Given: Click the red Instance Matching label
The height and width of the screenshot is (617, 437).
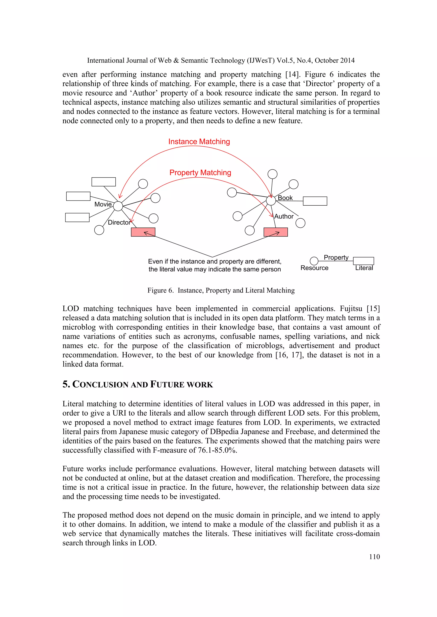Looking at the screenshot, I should [199, 142].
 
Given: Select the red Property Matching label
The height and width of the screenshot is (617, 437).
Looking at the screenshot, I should [200, 173].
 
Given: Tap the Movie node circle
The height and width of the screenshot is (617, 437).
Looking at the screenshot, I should [118, 206].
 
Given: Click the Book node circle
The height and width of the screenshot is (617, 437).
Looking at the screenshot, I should [271, 200].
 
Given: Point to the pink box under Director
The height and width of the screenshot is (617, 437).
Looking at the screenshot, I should [143, 232].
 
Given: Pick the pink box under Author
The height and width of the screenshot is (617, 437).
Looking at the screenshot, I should [275, 232].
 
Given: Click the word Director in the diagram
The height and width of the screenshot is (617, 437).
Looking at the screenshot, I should [119, 222].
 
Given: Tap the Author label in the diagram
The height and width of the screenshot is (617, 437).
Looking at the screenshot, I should [284, 216].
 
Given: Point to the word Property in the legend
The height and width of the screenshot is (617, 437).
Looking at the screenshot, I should [336, 257].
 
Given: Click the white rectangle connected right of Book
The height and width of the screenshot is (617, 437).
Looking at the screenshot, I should [315, 201].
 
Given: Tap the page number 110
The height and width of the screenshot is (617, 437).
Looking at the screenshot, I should [374, 556].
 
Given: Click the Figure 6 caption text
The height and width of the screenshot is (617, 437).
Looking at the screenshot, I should [221, 290].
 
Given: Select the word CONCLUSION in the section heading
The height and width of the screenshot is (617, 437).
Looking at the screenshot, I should [100, 385].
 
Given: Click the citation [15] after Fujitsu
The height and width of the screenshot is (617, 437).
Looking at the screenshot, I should [373, 308].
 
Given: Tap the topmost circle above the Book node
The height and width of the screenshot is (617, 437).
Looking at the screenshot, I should [272, 174].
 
